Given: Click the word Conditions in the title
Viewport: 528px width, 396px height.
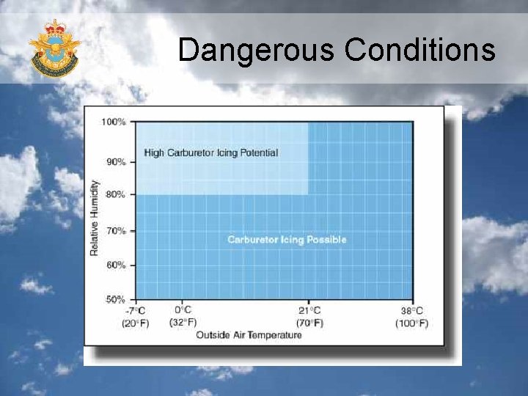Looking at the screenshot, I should [419, 50].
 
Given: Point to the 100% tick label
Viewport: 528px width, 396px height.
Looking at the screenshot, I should [114, 122].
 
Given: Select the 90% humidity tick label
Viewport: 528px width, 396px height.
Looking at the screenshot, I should [116, 161].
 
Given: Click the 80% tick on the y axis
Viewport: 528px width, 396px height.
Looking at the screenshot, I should [116, 194].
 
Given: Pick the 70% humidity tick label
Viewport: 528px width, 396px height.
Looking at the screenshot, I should [116, 231].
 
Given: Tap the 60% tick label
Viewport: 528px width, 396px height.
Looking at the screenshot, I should [116, 265].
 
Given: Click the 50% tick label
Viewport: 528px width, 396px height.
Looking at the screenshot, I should [116, 299].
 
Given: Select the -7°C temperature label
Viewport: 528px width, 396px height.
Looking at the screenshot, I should [135, 310].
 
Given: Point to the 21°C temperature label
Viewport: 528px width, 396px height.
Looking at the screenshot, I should [309, 310].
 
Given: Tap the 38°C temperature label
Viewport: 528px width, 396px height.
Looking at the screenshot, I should [412, 310].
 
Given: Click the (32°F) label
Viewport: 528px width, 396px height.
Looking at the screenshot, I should [183, 322].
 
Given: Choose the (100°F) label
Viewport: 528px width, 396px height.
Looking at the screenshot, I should [411, 323].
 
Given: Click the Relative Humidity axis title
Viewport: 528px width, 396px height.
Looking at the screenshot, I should [94, 218].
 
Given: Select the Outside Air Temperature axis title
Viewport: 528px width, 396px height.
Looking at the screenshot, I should [249, 335].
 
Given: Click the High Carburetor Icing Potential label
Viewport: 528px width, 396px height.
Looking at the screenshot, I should [211, 153].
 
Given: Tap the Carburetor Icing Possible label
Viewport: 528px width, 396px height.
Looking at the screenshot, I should [287, 240].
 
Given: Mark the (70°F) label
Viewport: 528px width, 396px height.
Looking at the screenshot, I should [309, 323].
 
